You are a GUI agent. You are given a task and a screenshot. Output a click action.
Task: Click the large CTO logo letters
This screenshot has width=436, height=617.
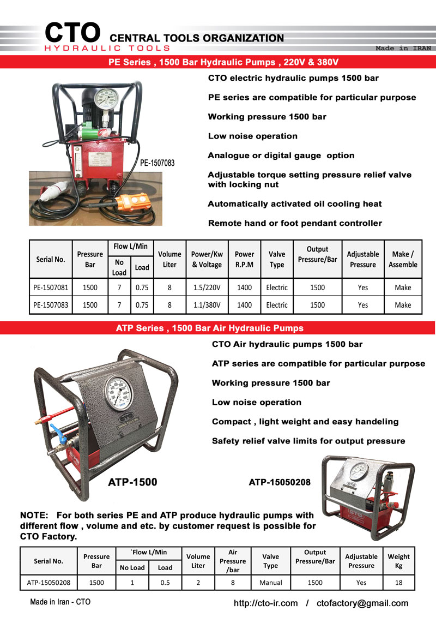(x=72, y=33)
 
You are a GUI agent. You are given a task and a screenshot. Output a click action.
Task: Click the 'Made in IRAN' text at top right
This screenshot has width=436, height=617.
(x=403, y=48)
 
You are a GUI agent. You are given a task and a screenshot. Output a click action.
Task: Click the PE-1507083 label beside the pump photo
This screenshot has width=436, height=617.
(x=158, y=163)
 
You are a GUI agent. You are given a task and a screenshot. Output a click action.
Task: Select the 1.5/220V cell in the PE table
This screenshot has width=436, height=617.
(x=207, y=287)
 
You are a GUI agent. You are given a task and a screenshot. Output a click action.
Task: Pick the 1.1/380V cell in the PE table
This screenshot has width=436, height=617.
(x=207, y=305)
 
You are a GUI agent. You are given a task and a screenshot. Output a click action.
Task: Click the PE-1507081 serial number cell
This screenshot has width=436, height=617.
(x=51, y=287)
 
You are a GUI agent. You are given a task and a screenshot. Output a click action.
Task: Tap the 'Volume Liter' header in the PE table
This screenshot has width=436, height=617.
(x=169, y=259)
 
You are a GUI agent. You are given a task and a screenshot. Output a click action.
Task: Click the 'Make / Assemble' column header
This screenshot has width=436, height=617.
(x=403, y=259)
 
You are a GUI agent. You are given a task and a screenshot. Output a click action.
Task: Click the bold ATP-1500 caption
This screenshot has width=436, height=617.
(x=132, y=482)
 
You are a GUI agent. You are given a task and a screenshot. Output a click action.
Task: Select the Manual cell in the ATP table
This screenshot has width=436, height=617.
(x=271, y=582)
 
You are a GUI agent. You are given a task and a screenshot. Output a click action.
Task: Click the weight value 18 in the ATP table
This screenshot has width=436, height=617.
(x=398, y=582)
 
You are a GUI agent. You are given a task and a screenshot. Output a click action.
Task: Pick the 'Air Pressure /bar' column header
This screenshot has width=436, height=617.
(x=233, y=561)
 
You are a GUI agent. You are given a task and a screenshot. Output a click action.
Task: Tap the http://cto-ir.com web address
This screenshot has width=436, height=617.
(x=265, y=603)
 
